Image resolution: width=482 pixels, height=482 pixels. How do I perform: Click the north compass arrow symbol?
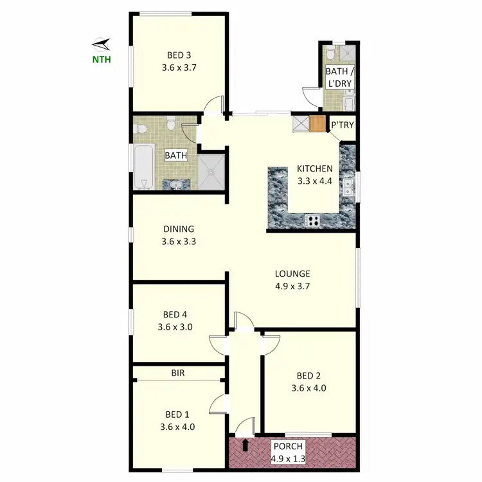pos(102,44)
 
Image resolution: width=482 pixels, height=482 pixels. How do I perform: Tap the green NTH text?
pos(101,61)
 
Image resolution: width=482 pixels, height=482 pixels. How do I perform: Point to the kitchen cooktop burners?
pos(314,220)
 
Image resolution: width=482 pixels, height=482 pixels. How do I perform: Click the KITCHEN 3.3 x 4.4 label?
pos(314,175)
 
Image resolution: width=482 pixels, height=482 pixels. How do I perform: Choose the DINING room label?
pos(178,229)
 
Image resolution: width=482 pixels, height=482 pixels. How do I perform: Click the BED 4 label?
pos(175,314)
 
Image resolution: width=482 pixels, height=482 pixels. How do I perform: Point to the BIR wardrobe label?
pos(178,372)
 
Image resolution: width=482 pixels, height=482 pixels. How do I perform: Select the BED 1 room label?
pos(176,414)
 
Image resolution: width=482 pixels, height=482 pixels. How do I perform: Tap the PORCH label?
pos(288,446)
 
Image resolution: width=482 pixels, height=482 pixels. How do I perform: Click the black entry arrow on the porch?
pos(245,444)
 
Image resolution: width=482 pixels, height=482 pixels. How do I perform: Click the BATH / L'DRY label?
pos(339,77)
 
